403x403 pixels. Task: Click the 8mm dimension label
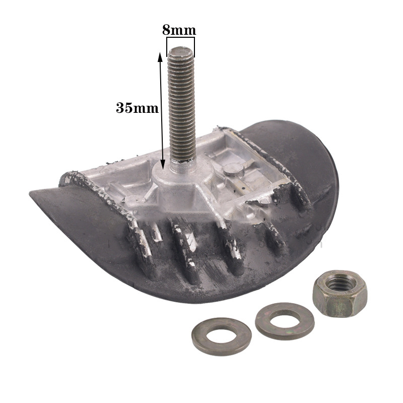pyautogui.click(x=179, y=30)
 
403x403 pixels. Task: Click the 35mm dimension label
pyautogui.click(x=137, y=108)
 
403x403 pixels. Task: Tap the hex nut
pyautogui.click(x=340, y=293)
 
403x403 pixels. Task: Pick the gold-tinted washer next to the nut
pyautogui.click(x=285, y=321)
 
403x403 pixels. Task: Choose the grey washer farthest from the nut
pyautogui.click(x=222, y=337)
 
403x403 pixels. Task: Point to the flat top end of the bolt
pyautogui.click(x=180, y=51)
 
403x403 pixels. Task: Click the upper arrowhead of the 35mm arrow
pyautogui.click(x=160, y=56)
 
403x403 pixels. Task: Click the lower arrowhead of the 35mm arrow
pyautogui.click(x=163, y=164)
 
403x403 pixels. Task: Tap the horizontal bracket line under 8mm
pyautogui.click(x=180, y=38)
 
